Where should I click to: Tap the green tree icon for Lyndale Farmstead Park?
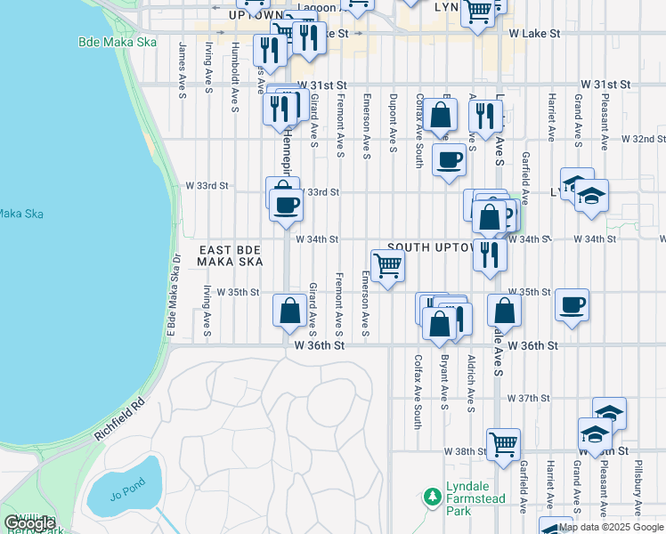[432, 494]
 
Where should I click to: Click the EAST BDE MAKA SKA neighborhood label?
[231, 256]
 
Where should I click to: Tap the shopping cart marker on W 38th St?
[503, 443]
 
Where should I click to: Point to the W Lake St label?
[534, 33]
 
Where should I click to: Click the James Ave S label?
[182, 65]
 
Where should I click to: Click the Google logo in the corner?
[29, 522]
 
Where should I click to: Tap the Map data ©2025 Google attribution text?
[611, 527]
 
